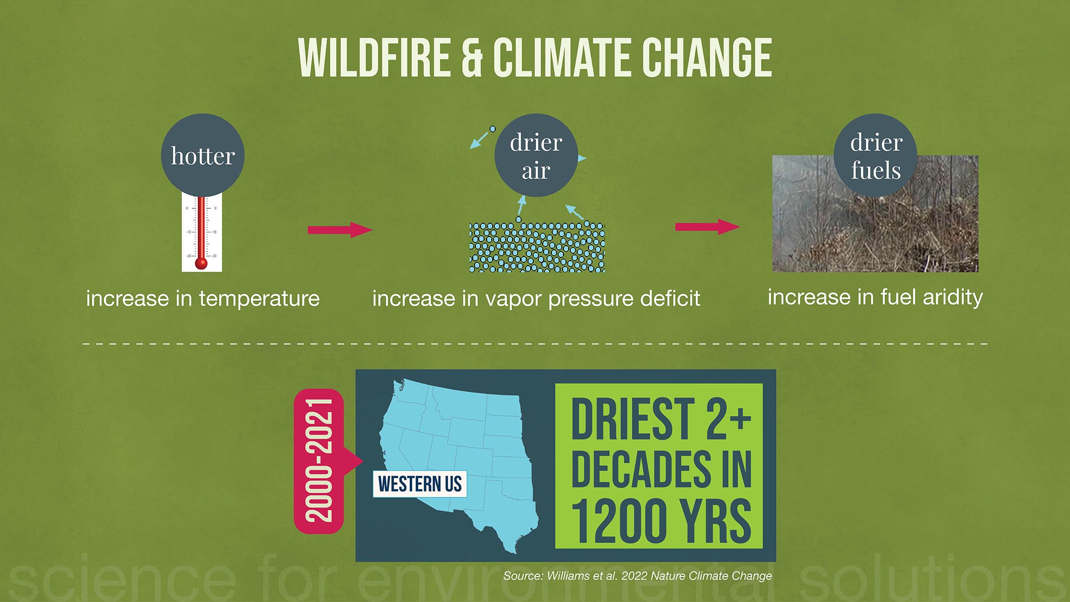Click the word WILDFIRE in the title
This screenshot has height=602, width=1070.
pyautogui.click(x=374, y=58)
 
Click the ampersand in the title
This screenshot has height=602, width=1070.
pyautogui.click(x=472, y=58)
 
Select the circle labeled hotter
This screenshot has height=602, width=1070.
pyautogui.click(x=203, y=155)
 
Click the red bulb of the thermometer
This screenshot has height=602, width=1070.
pyautogui.click(x=201, y=263)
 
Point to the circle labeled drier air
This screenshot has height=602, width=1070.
pyautogui.click(x=536, y=155)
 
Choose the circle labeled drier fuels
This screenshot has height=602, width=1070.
pyautogui.click(x=875, y=155)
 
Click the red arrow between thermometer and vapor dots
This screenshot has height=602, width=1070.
pyautogui.click(x=340, y=230)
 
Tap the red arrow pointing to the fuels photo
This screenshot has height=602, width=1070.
pyautogui.click(x=708, y=226)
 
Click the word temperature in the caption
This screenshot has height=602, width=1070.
pyautogui.click(x=259, y=298)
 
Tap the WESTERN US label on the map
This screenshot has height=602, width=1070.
pyautogui.click(x=420, y=484)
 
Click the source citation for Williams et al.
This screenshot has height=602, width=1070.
pyautogui.click(x=637, y=576)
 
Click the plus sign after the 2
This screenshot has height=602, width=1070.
pyautogui.click(x=740, y=417)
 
